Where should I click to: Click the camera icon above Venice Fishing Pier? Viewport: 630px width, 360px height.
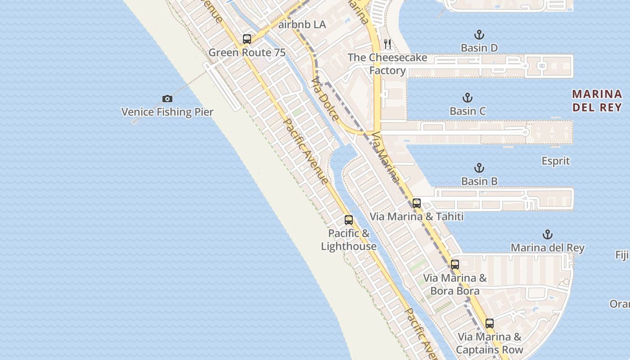click(167, 99)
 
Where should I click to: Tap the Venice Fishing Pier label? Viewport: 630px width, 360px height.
click(167, 112)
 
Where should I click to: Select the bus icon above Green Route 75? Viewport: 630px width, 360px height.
click(247, 39)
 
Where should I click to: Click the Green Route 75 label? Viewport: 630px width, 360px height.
click(247, 53)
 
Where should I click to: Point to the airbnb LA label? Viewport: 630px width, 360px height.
click(302, 24)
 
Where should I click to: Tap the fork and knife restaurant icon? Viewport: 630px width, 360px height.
click(387, 44)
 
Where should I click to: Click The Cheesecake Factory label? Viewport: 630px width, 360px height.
click(387, 64)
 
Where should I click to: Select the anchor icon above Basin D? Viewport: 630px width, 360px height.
click(479, 35)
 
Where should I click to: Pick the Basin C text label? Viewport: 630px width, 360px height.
click(468, 111)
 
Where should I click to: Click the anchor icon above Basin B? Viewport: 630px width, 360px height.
click(479, 168)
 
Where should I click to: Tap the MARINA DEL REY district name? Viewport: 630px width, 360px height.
click(597, 100)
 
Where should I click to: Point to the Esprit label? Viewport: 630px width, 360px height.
click(556, 161)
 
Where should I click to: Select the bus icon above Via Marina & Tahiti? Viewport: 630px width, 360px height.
click(417, 203)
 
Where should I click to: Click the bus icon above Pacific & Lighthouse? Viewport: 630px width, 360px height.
click(349, 220)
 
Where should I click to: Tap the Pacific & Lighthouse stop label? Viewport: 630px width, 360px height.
click(349, 239)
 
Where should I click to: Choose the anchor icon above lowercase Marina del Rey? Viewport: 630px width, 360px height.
click(548, 234)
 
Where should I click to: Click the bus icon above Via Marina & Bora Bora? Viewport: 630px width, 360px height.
click(455, 265)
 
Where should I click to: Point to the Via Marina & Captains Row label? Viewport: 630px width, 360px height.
click(490, 343)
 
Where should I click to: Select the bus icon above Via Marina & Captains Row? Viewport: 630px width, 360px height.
click(490, 324)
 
